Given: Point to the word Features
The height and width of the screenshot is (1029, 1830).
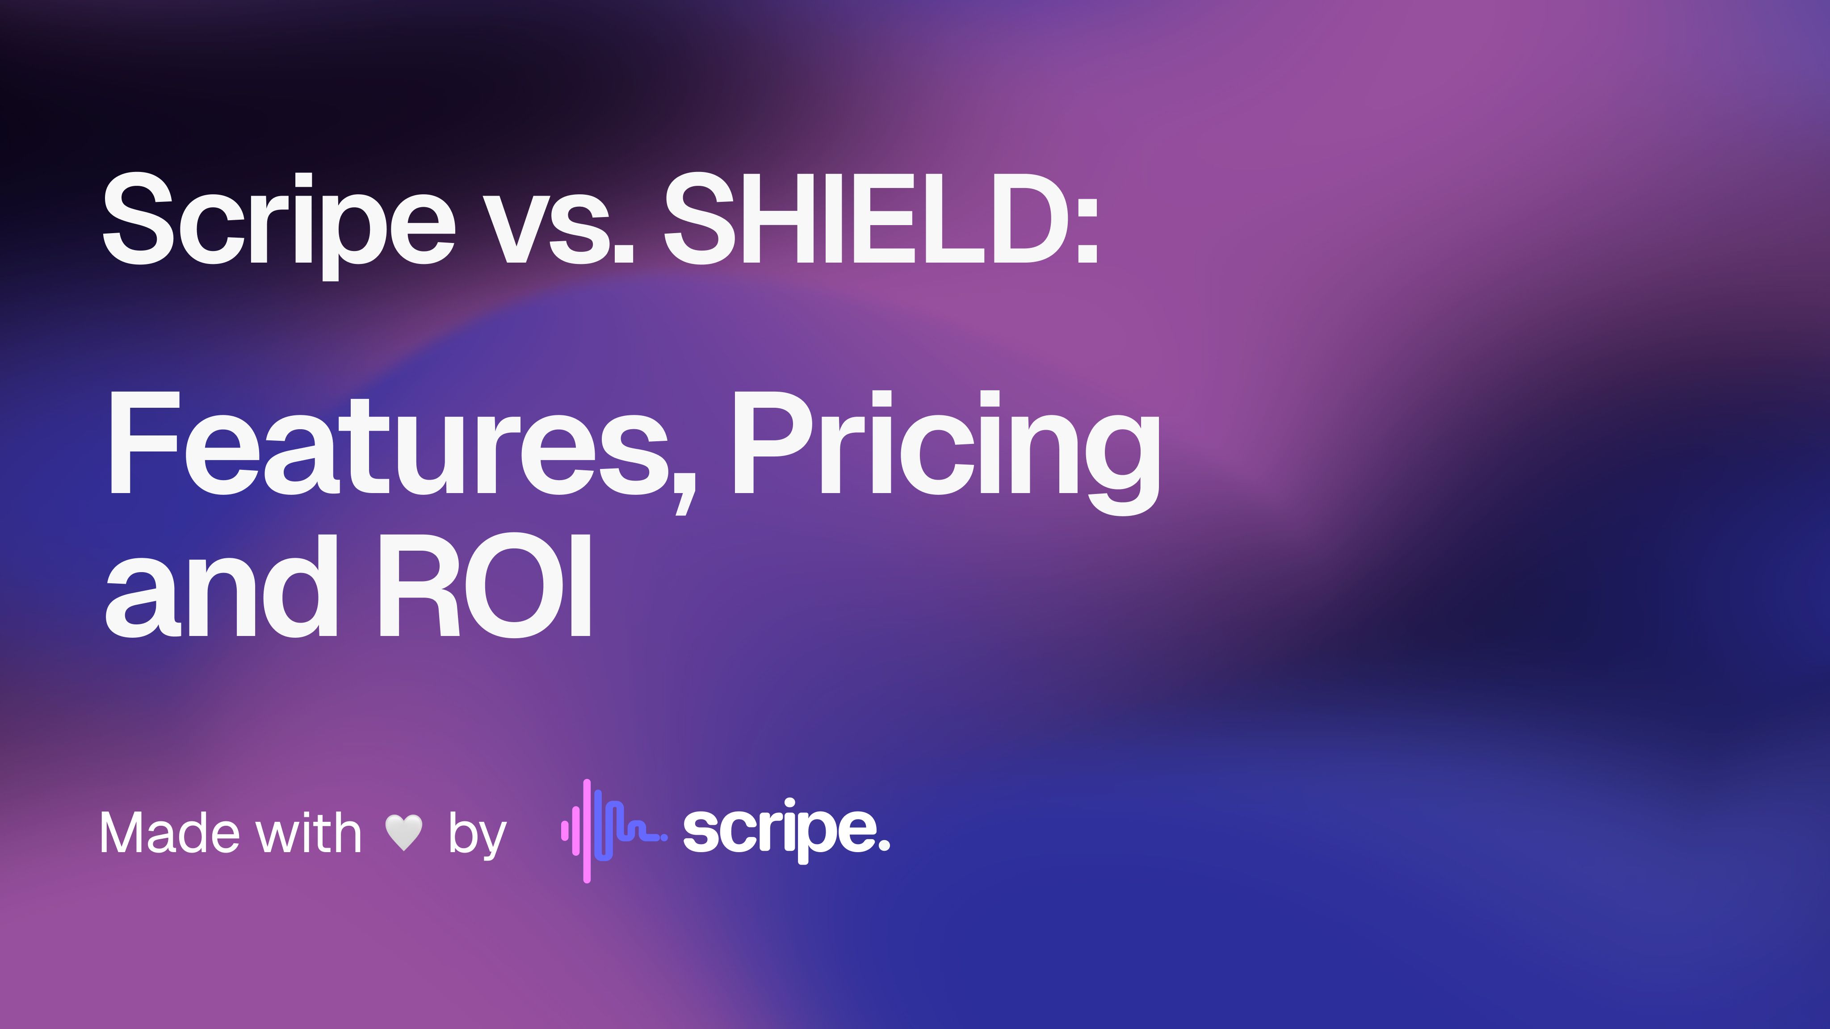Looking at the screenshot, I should tap(387, 444).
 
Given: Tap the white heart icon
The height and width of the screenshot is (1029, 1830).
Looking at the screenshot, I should tap(403, 832).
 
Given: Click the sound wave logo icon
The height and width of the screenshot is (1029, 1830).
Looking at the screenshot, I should tap(611, 831).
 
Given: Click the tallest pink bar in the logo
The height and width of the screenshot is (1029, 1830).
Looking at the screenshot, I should tap(587, 831).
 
